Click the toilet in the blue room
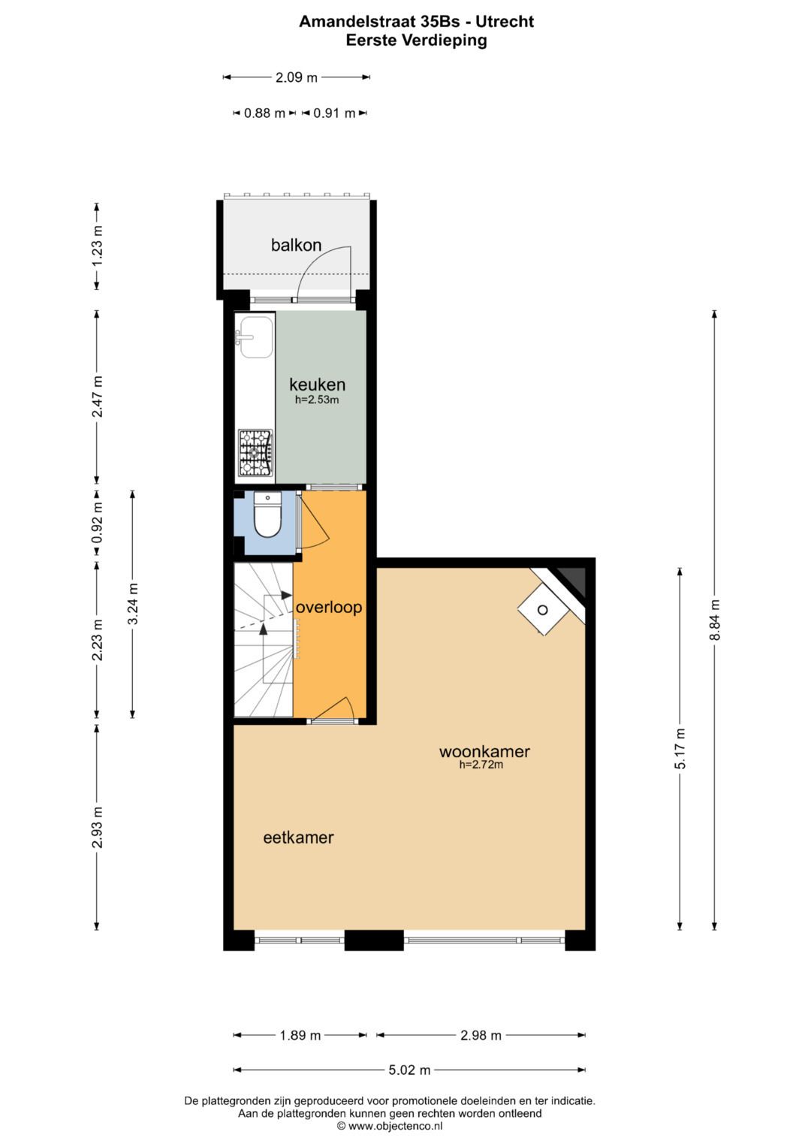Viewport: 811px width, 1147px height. [267, 516]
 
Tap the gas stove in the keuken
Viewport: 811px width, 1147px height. [255, 453]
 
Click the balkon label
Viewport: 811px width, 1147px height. [296, 245]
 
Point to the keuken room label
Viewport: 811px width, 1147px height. [317, 385]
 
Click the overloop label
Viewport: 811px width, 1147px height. [328, 607]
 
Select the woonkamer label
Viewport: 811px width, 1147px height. [484, 751]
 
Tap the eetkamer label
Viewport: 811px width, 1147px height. [298, 838]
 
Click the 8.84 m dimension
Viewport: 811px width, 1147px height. [715, 620]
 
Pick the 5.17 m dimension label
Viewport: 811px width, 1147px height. [680, 748]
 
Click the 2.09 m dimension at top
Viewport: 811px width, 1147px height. [296, 77]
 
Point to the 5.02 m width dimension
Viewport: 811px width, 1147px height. [409, 1070]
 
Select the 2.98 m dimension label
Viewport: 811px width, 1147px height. [481, 1035]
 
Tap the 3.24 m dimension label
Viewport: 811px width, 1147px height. [133, 604]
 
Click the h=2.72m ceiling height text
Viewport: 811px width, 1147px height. [481, 765]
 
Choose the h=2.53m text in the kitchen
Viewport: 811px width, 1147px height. [317, 400]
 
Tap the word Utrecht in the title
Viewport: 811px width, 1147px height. [505, 21]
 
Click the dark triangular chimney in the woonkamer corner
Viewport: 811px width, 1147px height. [574, 578]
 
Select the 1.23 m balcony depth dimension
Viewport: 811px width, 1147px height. [97, 246]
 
